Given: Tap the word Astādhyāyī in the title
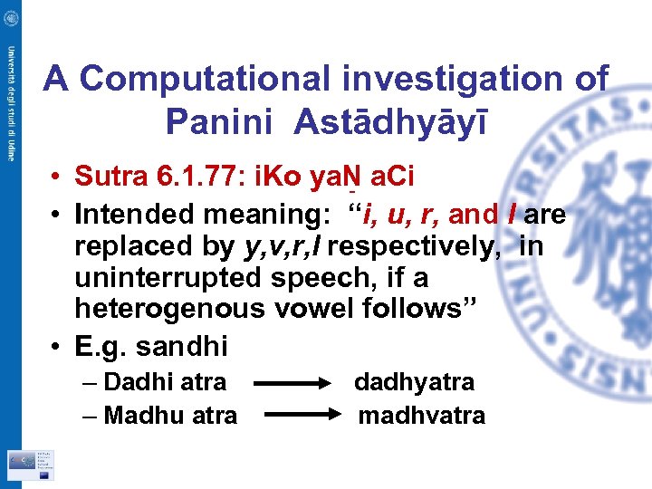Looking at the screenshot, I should click(390, 120).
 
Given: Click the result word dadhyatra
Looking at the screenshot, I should click(414, 382).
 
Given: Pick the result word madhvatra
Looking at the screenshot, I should click(421, 416).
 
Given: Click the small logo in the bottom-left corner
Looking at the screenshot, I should click(31, 464).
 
